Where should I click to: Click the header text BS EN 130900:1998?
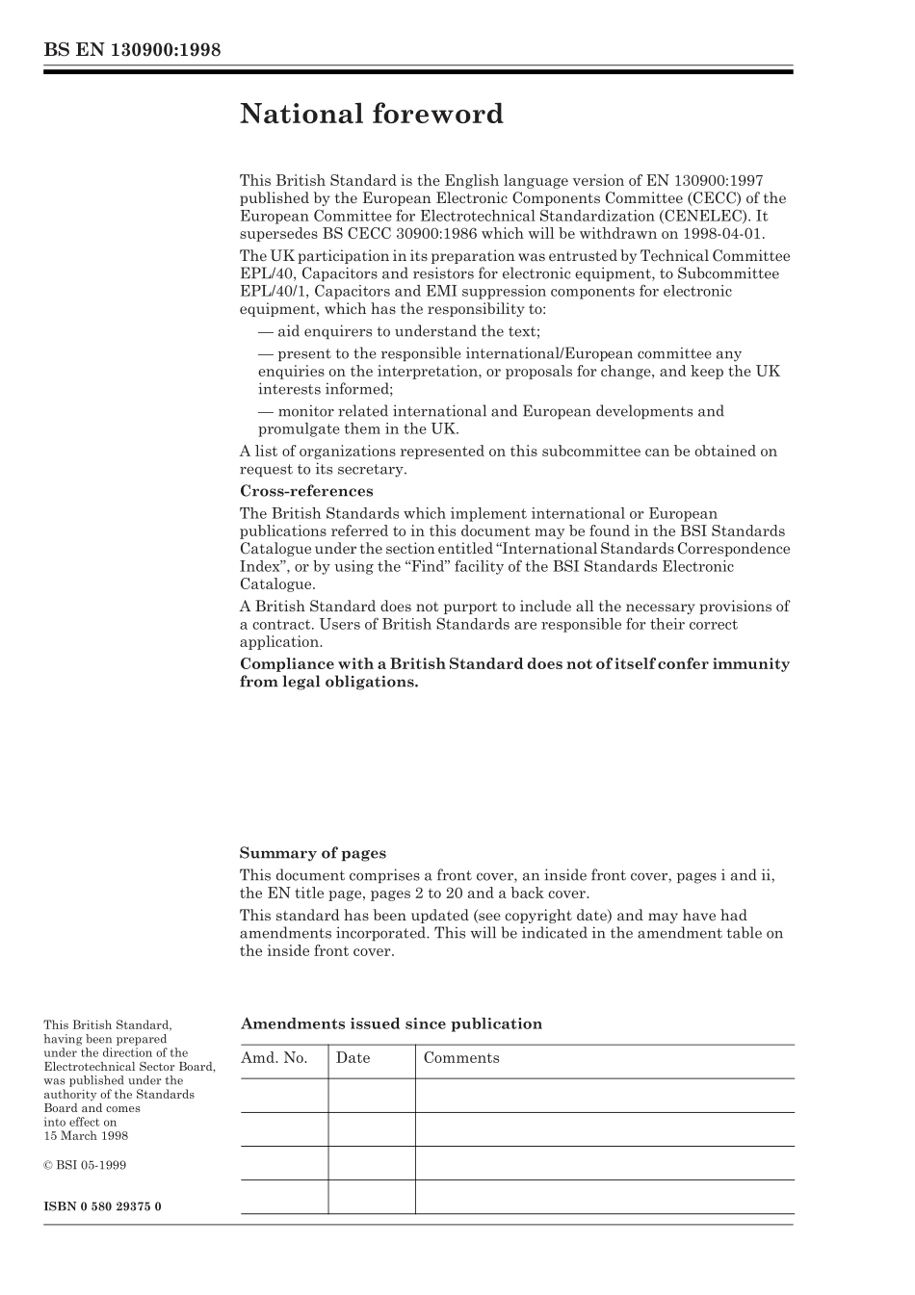click(132, 49)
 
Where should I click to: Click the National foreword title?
click(371, 115)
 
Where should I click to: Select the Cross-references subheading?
click(305, 491)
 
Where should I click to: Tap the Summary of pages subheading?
click(312, 853)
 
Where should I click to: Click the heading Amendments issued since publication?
click(390, 1024)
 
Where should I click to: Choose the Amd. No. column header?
click(274, 1058)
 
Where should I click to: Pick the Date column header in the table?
click(353, 1058)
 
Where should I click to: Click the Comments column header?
click(461, 1058)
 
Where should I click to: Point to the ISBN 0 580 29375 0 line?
click(102, 1206)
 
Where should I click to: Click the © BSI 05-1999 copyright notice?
click(85, 1165)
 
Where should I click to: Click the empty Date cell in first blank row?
click(371, 1096)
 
